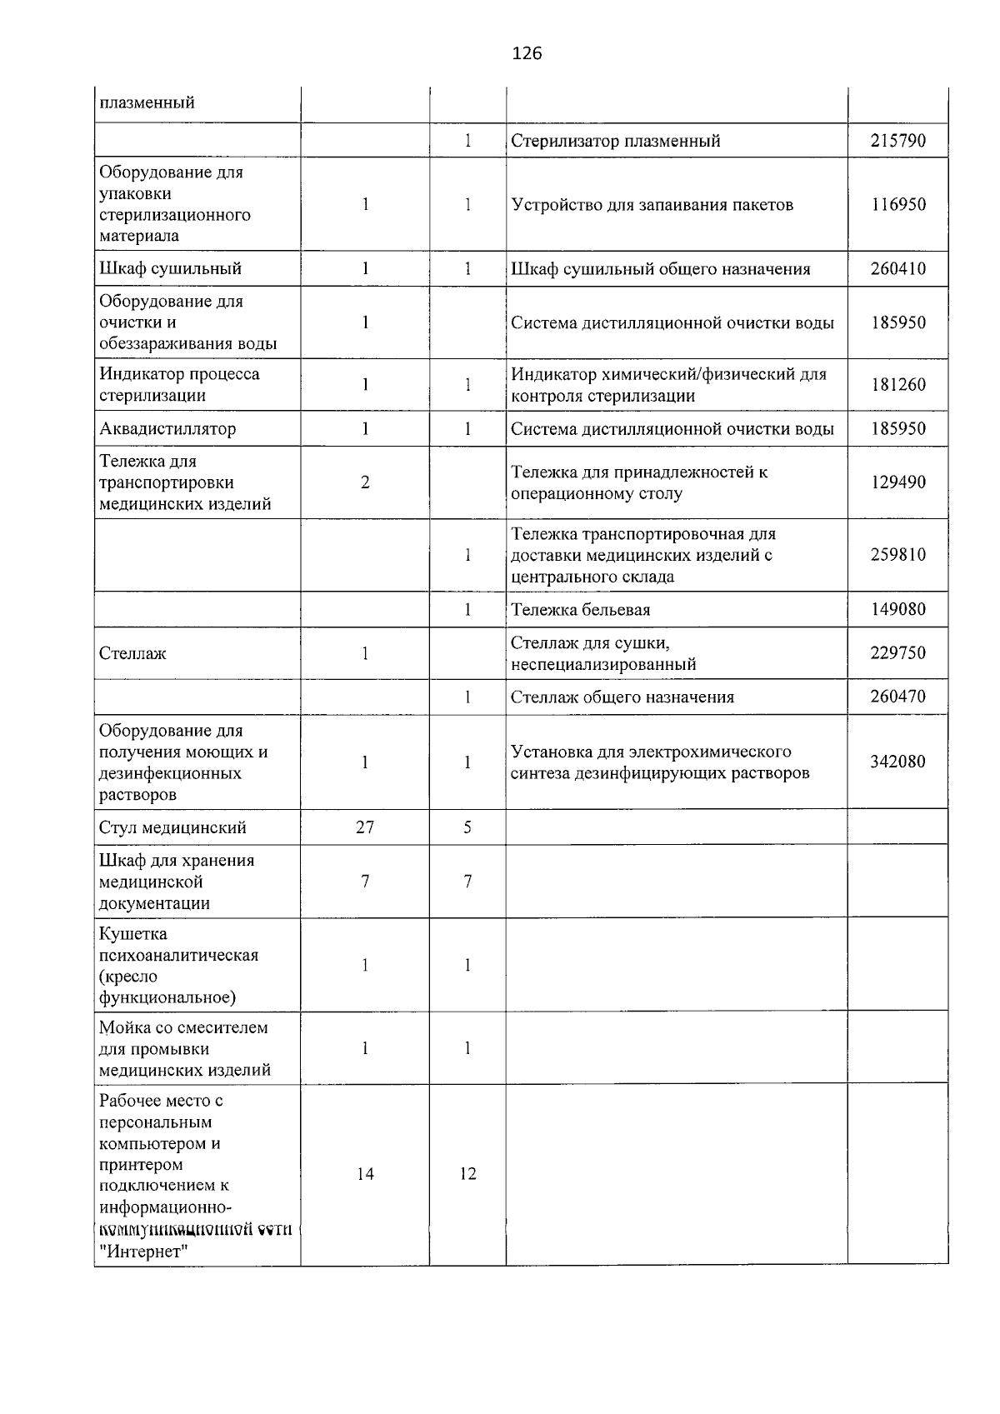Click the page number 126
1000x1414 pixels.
pos(527,54)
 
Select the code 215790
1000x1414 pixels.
pos(897,141)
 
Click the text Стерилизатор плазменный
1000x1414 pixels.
pos(616,141)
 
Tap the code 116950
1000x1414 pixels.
pos(897,205)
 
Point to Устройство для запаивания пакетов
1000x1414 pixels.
pos(652,205)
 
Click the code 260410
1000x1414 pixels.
pos(897,269)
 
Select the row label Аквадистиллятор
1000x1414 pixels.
pos(167,429)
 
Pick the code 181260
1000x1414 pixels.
pos(897,385)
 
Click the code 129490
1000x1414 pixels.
pos(897,482)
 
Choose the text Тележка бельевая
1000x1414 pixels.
pos(580,610)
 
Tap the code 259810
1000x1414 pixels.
pos(897,555)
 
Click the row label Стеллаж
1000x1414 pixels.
pos(132,654)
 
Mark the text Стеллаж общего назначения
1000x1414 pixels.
pos(622,697)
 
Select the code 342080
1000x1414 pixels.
pos(897,762)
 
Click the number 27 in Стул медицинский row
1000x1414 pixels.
pos(365,827)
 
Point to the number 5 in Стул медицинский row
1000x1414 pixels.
pos(467,827)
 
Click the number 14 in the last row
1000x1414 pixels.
pos(365,1174)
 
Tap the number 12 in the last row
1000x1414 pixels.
pos(467,1174)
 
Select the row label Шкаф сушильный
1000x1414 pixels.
pos(170,269)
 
